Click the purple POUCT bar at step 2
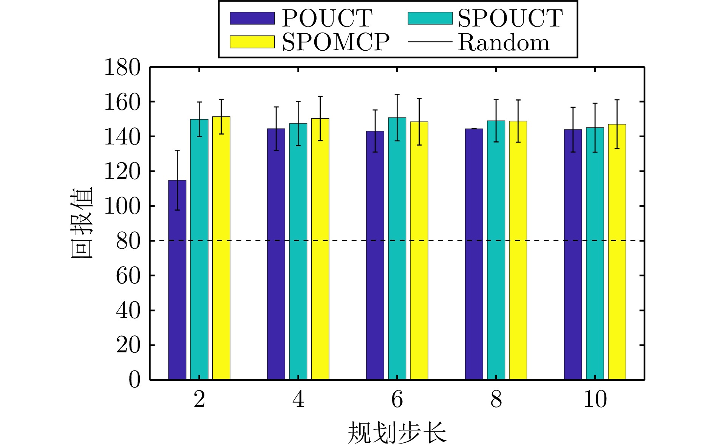coord(177,280)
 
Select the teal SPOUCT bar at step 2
coord(199,250)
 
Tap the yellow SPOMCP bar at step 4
coord(320,249)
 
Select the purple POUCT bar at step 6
coord(375,255)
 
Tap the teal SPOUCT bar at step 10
coord(595,253)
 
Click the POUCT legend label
coord(327,18)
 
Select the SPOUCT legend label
coord(510,18)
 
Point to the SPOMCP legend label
coord(335,42)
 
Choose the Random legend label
coord(504,42)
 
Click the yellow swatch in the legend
coord(252,42)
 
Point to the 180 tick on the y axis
coord(122,68)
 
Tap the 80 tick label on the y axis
coord(128,241)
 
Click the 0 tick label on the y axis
coord(134,379)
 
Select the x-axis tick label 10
coord(595,400)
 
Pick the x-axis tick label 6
coord(397,400)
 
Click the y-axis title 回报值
coord(82,223)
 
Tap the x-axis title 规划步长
coord(397,432)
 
